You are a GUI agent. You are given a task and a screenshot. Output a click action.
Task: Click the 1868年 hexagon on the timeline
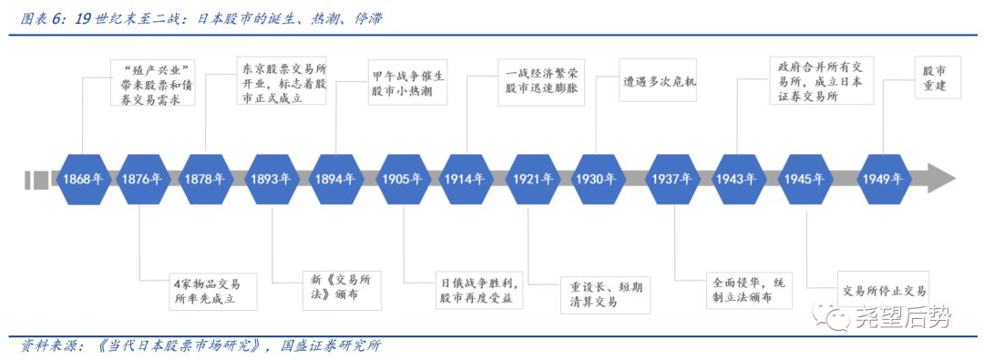(x=82, y=179)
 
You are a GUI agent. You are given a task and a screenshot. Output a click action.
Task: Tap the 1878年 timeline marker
(x=204, y=179)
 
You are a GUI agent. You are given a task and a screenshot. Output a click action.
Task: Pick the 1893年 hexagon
(x=271, y=179)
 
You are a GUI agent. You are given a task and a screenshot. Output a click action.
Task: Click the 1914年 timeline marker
(x=466, y=179)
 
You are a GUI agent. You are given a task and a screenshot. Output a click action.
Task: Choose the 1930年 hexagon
(x=597, y=179)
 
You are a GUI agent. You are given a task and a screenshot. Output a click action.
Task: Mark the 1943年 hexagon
(x=736, y=179)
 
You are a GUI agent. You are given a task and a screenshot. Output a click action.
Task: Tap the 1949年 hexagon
(x=884, y=179)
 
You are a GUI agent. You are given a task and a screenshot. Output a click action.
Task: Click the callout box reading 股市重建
(x=933, y=78)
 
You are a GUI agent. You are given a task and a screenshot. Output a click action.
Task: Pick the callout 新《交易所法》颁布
(x=342, y=291)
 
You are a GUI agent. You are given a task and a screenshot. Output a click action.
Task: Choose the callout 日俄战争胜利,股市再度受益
(x=474, y=291)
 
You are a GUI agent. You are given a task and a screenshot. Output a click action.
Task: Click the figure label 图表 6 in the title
(x=44, y=17)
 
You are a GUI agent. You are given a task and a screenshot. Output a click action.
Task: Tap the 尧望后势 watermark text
(x=903, y=317)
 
